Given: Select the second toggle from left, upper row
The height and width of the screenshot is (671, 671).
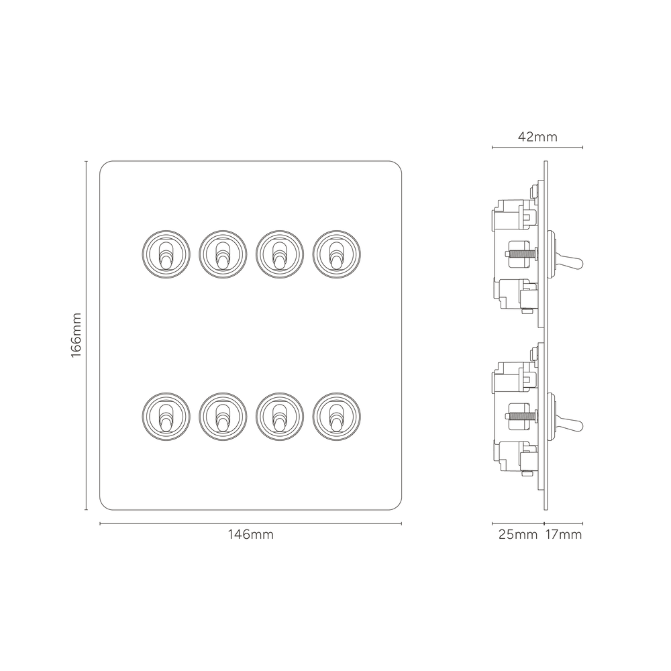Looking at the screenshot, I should pyautogui.click(x=217, y=253).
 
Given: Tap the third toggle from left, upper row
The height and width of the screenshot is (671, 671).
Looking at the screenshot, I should pyautogui.click(x=274, y=253).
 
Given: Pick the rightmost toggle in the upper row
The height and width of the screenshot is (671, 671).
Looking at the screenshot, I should pyautogui.click(x=331, y=253).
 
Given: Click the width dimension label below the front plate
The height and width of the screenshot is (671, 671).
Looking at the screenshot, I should pyautogui.click(x=251, y=535).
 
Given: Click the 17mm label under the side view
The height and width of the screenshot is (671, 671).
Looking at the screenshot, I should pyautogui.click(x=564, y=535).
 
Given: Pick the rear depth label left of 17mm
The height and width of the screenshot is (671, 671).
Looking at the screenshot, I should pyautogui.click(x=518, y=535).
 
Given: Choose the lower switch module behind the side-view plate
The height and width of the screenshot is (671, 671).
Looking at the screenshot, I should pyautogui.click(x=515, y=416).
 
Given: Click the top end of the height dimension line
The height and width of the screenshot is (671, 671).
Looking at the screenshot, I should pyautogui.click(x=85, y=162).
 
